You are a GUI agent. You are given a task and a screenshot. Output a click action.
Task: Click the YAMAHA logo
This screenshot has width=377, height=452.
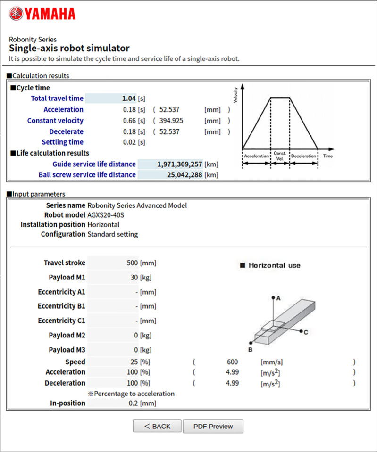(x=42, y=14)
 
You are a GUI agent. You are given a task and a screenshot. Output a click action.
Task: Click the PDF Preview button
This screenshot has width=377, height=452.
(x=213, y=426)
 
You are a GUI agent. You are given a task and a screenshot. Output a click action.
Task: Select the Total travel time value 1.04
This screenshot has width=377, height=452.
(x=128, y=99)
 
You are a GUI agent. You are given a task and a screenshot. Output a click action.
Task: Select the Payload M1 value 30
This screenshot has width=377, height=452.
(x=134, y=278)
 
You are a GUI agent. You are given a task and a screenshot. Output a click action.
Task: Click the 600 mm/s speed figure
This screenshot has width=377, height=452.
(x=232, y=362)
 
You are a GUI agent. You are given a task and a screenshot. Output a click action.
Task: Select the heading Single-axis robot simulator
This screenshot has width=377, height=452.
(x=69, y=48)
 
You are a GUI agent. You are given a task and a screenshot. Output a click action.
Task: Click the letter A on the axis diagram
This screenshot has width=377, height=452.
(x=278, y=298)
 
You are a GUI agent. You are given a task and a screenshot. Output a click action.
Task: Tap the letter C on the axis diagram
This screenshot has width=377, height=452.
(x=306, y=332)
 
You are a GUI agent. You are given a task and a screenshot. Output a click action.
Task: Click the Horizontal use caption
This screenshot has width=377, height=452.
(x=274, y=265)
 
